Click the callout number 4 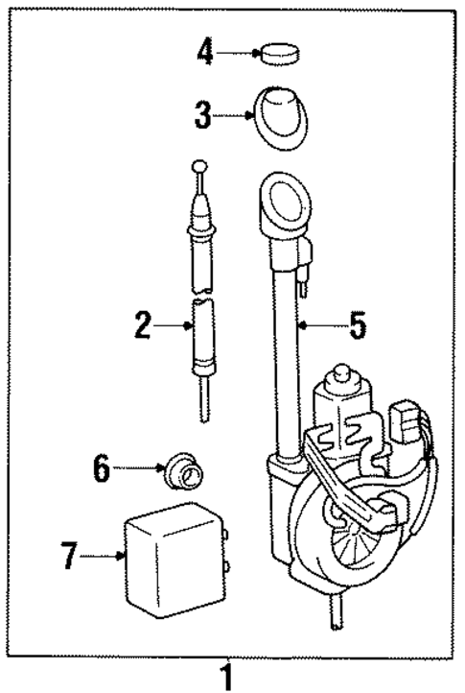pos(202,52)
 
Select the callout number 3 pos(202,117)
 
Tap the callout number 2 pos(143,326)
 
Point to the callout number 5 pos(357,326)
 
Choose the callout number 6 pos(103,468)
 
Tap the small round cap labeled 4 pos(278,53)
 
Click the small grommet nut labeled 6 pos(183,470)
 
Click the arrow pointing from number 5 pos(321,326)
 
